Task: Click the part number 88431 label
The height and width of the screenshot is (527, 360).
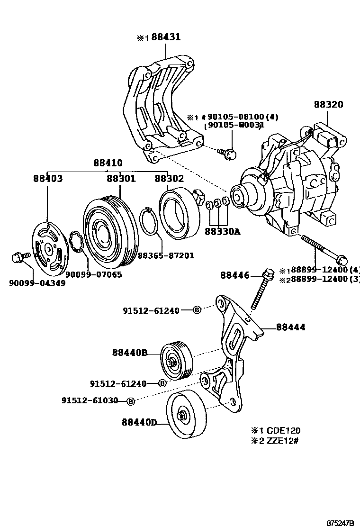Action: pos(165,37)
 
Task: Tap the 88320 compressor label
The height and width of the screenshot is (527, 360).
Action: pos(328,105)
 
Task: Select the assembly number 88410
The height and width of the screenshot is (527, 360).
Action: pos(108,162)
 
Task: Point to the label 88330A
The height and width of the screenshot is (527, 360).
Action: pos(222,232)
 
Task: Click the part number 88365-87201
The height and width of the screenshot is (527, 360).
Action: pos(166,255)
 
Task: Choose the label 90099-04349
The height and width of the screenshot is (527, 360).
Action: pos(37,283)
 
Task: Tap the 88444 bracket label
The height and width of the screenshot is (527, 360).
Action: pos(290,327)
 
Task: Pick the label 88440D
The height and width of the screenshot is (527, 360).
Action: pos(139,421)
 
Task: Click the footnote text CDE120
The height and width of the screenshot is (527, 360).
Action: pos(283,431)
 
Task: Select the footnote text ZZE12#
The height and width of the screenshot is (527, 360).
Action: pos(283,441)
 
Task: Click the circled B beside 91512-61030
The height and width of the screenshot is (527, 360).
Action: pos(131,401)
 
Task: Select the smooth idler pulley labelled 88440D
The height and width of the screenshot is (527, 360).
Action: pos(186,416)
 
